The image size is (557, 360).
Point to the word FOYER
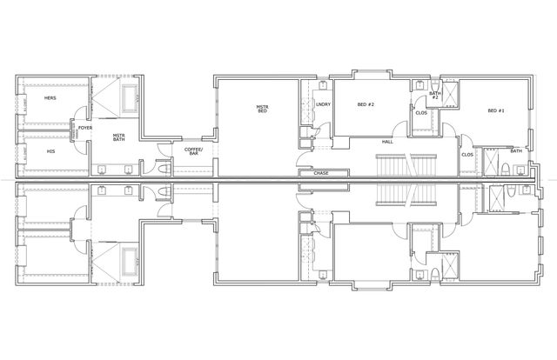tap(85, 129)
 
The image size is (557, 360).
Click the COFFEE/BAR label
tap(193, 151)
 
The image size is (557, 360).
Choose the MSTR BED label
tap(262, 110)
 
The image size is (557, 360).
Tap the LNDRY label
tap(323, 105)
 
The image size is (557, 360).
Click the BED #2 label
tap(366, 105)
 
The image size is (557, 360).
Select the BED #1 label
tap(495, 110)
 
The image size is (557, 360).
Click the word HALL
tap(387, 142)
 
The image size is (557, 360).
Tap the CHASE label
tap(319, 173)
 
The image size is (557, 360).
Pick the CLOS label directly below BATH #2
tap(420, 112)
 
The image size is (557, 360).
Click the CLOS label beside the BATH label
tap(467, 155)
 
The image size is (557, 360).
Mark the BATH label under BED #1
tap(517, 151)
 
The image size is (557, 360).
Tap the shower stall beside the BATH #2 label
tap(450, 96)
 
